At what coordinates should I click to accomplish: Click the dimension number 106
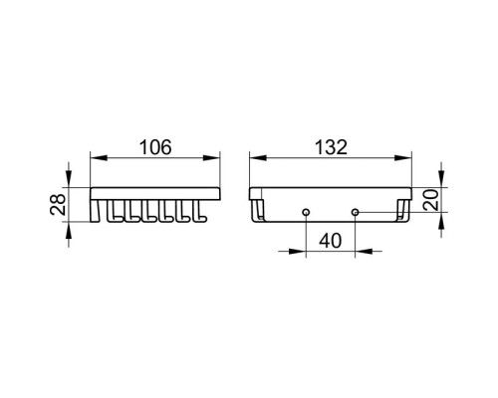click(155, 147)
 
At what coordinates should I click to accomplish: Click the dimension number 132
click(331, 147)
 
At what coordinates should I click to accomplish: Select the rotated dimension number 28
click(58, 205)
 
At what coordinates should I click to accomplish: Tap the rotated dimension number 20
click(431, 200)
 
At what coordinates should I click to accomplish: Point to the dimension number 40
click(331, 241)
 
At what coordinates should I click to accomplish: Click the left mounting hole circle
click(306, 212)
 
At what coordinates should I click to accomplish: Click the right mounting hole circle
click(356, 212)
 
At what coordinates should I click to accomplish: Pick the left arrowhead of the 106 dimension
click(99, 158)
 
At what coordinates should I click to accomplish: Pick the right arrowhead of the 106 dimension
click(211, 158)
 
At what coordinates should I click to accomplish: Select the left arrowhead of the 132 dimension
click(258, 158)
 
